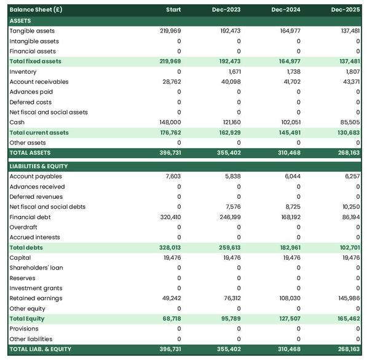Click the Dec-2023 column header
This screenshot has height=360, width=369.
pyautogui.click(x=226, y=10)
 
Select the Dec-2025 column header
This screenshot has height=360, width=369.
pyautogui.click(x=346, y=10)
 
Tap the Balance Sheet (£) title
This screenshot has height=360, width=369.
pyautogui.click(x=36, y=10)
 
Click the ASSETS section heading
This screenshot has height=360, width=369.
pyautogui.click(x=20, y=21)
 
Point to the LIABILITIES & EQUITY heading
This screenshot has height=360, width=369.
pyautogui.click(x=39, y=166)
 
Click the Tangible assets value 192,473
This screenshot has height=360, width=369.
pyautogui.click(x=231, y=31)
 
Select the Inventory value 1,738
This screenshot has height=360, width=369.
pyautogui.click(x=291, y=72)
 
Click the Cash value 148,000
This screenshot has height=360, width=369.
pyautogui.click(x=170, y=122)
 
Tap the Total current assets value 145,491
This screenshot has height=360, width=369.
pyautogui.click(x=290, y=133)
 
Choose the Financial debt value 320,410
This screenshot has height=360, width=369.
pyautogui.click(x=170, y=217)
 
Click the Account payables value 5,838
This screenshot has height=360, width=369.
pyautogui.click(x=233, y=176)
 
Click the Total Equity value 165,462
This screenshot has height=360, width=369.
pyautogui.click(x=348, y=319)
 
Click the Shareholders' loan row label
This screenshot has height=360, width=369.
pyautogui.click(x=36, y=268)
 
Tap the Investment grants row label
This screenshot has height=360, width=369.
pyautogui.click(x=36, y=288)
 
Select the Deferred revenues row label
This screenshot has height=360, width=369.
pyautogui.click(x=34, y=197)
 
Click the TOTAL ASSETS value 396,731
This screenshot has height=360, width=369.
pyautogui.click(x=170, y=153)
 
